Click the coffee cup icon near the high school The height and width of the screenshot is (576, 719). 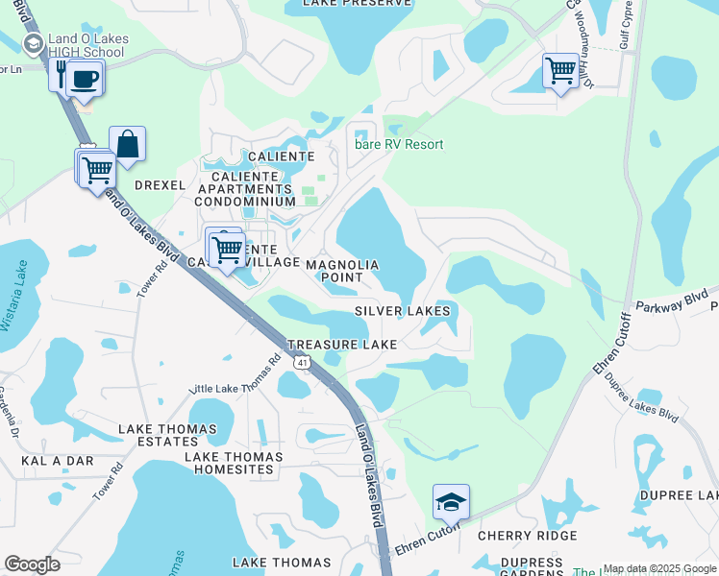click(x=87, y=77)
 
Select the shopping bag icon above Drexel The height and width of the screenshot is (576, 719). click(x=127, y=145)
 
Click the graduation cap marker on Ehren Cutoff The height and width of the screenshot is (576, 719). click(x=451, y=502)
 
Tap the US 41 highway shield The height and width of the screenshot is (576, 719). click(x=303, y=363)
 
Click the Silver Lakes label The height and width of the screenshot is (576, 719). click(x=402, y=311)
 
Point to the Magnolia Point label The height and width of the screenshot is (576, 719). click(x=342, y=271)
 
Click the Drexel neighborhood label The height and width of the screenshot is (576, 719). click(x=160, y=184)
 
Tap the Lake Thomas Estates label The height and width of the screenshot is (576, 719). click(x=159, y=435)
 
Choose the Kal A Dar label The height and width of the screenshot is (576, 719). click(x=58, y=461)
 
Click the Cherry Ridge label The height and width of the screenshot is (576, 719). click(x=528, y=536)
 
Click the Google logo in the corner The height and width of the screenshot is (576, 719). click(x=32, y=564)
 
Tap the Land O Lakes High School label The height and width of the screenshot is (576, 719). click(x=87, y=45)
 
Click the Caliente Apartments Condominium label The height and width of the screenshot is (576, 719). click(x=244, y=188)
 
